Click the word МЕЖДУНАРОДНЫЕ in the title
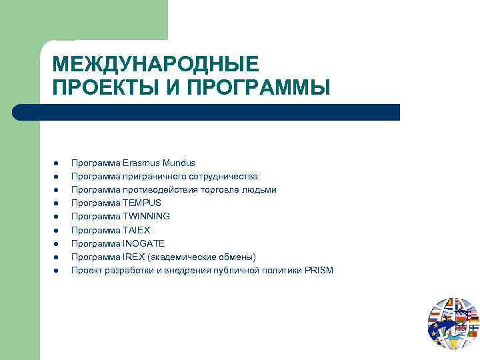[155, 64]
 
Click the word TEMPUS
[142, 203]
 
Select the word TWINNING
[146, 216]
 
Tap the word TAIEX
[137, 230]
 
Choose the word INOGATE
[143, 243]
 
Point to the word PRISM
[320, 270]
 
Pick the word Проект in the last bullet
[85, 270]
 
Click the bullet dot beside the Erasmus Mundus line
[58, 163]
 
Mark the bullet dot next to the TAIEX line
[58, 231]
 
